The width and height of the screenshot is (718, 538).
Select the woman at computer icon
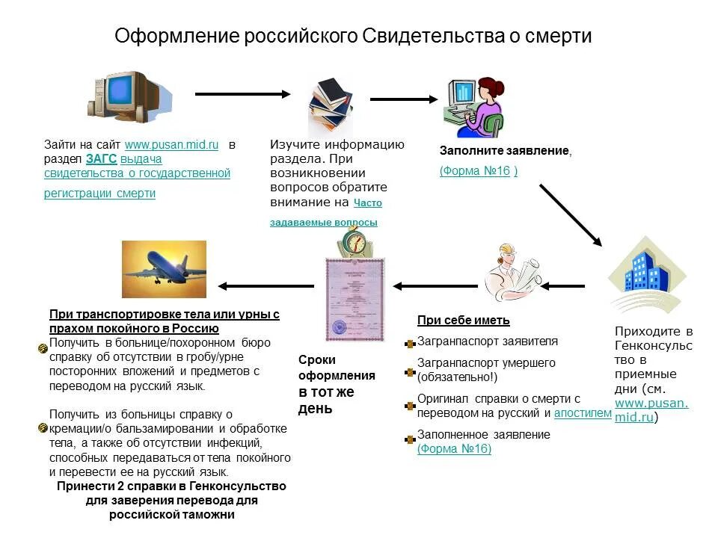pyautogui.click(x=474, y=105)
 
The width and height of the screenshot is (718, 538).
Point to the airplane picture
pyautogui.click(x=164, y=269)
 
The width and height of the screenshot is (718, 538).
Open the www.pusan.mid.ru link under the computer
pyautogui.click(x=171, y=145)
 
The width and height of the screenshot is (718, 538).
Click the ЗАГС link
pyautogui.click(x=101, y=159)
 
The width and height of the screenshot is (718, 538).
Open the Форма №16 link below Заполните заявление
pyautogui.click(x=475, y=171)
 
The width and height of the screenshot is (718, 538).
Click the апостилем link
pyautogui.click(x=583, y=413)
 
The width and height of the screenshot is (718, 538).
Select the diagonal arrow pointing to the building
pyautogui.click(x=570, y=214)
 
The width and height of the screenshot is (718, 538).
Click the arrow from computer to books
pyautogui.click(x=243, y=94)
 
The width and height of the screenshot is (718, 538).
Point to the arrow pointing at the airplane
pyautogui.click(x=266, y=286)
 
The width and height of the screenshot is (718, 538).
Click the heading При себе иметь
pyautogui.click(x=463, y=321)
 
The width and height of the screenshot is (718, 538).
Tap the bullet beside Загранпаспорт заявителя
pyautogui.click(x=409, y=344)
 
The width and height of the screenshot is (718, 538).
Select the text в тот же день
pyautogui.click(x=326, y=401)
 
